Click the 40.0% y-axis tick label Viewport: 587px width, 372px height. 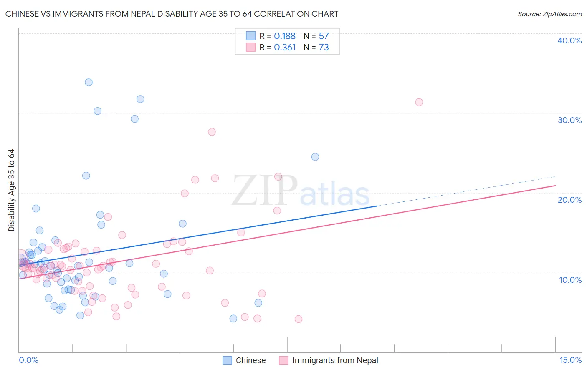[569, 40]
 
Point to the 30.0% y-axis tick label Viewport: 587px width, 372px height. [569, 120]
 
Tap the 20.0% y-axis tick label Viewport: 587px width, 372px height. [569, 200]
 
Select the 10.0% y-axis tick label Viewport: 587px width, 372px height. [570, 280]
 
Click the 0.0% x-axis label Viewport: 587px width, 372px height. [28, 360]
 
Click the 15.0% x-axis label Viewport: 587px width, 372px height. [570, 360]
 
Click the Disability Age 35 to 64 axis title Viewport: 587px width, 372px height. [11, 190]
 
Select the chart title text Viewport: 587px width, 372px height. [172, 14]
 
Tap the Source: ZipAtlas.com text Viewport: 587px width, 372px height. [549, 14]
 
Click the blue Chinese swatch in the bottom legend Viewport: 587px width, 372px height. [227, 360]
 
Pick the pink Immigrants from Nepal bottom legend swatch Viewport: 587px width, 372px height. [284, 360]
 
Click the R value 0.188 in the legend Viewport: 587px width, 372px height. [285, 36]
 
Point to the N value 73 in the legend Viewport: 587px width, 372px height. [324, 48]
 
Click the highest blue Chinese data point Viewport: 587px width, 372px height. [89, 83]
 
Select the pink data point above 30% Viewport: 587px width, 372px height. [419, 102]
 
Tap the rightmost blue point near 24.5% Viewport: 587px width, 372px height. [315, 157]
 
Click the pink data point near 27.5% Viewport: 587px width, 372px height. [212, 132]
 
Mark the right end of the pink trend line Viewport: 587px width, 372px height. [556, 185]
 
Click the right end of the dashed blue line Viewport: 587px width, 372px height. [556, 176]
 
